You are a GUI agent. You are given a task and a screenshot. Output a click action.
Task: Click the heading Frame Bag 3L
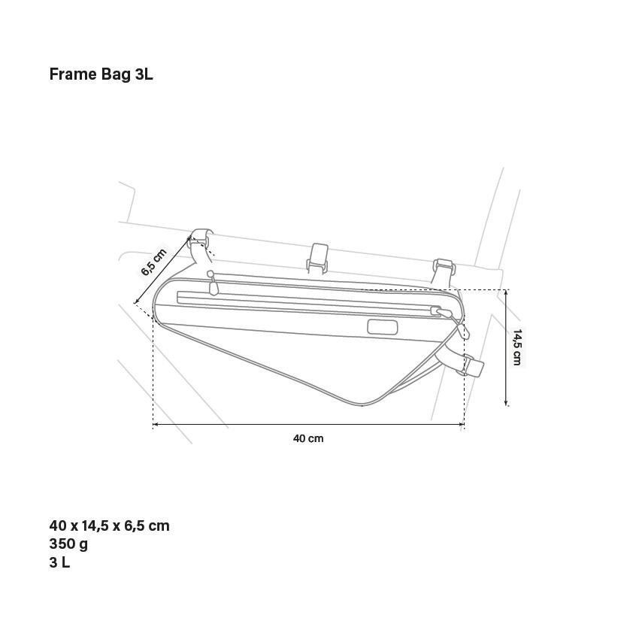101,74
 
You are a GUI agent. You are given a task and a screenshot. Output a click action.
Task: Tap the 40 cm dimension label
308,438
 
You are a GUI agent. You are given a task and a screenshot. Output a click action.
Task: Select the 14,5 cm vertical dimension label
516,347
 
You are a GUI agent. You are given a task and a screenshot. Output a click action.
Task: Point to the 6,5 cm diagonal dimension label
154,262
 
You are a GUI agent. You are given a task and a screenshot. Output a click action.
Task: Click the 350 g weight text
68,544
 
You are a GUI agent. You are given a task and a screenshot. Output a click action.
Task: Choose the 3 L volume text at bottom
59,562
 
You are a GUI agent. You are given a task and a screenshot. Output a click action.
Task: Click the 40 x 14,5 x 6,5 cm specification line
109,525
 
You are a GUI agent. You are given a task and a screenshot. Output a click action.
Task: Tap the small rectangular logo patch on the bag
382,327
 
